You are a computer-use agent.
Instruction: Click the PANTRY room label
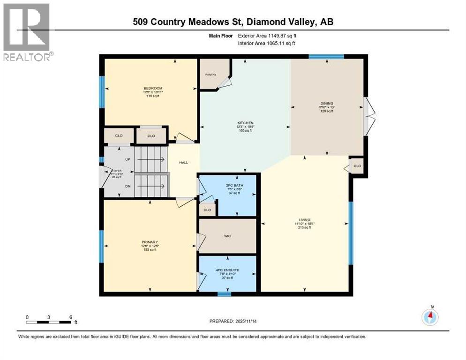[209, 74]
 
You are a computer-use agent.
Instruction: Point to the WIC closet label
[227, 237]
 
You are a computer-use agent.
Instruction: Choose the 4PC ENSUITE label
[227, 271]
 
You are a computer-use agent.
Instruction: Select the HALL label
[183, 162]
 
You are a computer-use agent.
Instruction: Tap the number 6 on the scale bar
[70, 317]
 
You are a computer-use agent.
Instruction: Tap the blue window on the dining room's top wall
[326, 56]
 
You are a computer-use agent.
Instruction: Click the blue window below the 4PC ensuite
[225, 294]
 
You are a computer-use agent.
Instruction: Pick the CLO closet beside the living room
[357, 166]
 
